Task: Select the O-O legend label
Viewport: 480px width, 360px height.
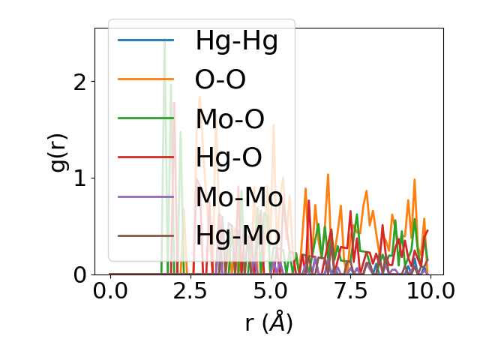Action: click(x=220, y=79)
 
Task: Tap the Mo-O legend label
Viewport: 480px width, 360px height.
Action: click(x=229, y=118)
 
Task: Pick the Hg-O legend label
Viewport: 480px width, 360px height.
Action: click(x=229, y=157)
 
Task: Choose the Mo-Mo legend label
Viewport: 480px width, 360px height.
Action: click(x=238, y=196)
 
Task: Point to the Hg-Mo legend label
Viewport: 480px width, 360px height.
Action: click(x=238, y=235)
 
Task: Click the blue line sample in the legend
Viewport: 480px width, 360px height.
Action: click(x=145, y=40)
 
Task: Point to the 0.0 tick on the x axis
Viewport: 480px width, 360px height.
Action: click(x=110, y=291)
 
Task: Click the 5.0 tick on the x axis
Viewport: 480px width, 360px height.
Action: click(x=269, y=291)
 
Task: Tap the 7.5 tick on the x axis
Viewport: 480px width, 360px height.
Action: click(x=349, y=291)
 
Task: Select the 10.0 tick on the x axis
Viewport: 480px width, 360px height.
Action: click(x=428, y=291)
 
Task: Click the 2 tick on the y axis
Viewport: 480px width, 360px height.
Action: click(x=80, y=81)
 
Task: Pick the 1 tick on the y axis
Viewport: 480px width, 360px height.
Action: click(x=80, y=178)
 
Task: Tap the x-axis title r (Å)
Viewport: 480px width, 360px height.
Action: click(x=268, y=322)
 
